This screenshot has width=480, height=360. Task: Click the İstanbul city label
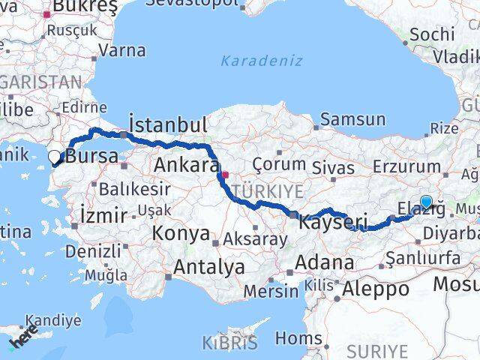click(167, 124)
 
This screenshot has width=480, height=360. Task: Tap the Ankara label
click(186, 166)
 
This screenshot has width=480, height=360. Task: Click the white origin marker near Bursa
click(55, 157)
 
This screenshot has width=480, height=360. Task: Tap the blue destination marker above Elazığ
click(426, 201)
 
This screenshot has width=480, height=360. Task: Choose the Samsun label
click(352, 119)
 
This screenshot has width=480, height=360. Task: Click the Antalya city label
click(209, 266)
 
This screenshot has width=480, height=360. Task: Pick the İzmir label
click(103, 217)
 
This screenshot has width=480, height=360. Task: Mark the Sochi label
click(433, 34)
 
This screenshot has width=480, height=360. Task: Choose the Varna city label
click(121, 51)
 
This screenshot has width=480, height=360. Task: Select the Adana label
click(324, 263)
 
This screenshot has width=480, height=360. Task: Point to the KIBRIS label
click(229, 343)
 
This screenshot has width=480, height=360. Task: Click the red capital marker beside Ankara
click(225, 175)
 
